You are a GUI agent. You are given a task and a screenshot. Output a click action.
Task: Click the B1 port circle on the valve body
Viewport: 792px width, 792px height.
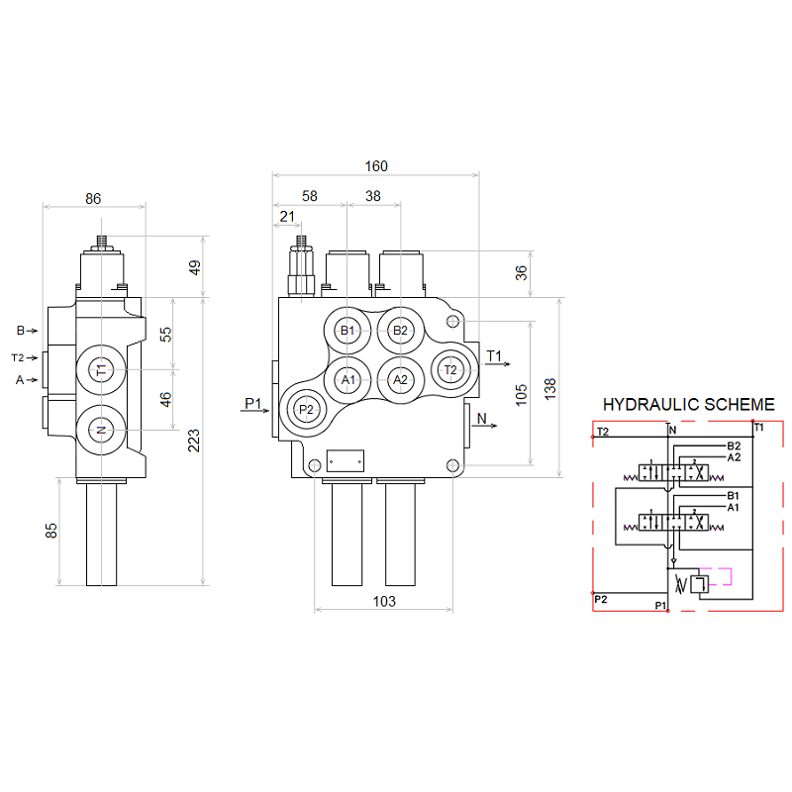347,330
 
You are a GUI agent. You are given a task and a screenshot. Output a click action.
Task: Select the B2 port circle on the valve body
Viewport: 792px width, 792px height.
399,330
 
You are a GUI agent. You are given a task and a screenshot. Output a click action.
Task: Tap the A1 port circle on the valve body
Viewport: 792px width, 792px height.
347,379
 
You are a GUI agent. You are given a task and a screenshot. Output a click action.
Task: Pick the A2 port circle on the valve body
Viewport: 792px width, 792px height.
399,379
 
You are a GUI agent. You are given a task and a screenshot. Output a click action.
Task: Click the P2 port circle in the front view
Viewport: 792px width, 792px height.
306,409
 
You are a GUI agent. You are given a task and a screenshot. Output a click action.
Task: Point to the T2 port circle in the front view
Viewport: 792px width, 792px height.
450,369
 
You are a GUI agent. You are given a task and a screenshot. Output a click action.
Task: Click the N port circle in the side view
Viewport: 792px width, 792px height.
100,430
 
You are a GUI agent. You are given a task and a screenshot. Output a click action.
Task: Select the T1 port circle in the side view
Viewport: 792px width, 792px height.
100,370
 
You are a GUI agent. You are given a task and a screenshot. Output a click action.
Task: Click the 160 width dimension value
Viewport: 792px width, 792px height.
376,165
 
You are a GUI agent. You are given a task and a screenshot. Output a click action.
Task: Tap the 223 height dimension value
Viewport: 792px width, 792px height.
194,439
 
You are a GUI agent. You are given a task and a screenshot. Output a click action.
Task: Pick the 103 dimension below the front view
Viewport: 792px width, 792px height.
384,601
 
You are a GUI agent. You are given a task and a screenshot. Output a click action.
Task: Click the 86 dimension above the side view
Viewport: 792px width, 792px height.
93,198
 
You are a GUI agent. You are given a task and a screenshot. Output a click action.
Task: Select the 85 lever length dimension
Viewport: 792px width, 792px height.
51,531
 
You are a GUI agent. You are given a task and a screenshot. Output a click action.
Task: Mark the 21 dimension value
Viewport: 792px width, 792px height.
287,216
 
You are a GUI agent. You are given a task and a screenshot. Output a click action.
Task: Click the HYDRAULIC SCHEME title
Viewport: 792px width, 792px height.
689,404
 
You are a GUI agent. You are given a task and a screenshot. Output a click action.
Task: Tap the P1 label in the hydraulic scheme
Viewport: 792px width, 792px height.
660,605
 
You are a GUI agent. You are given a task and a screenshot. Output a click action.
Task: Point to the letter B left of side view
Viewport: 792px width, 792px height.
20,330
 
